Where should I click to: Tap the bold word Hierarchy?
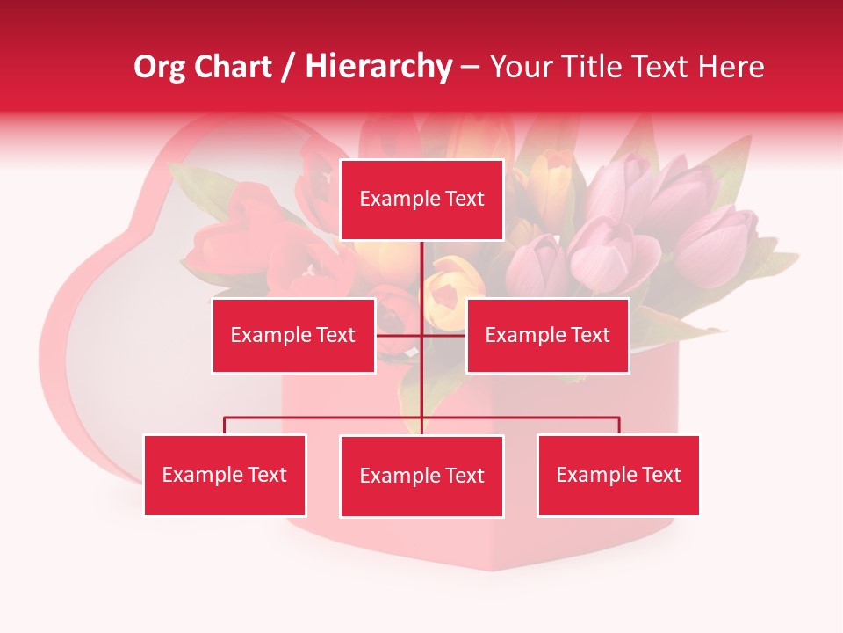click(378, 67)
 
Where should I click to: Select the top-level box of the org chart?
click(421, 200)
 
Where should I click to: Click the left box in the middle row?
click(293, 335)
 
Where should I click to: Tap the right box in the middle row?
click(547, 335)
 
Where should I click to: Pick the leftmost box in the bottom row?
click(225, 475)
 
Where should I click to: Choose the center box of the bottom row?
click(421, 476)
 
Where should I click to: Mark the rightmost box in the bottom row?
click(618, 475)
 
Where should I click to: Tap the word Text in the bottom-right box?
click(661, 475)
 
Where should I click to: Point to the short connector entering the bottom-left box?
click(225, 426)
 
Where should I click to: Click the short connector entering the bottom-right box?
click(619, 426)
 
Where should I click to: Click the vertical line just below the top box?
click(422, 264)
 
